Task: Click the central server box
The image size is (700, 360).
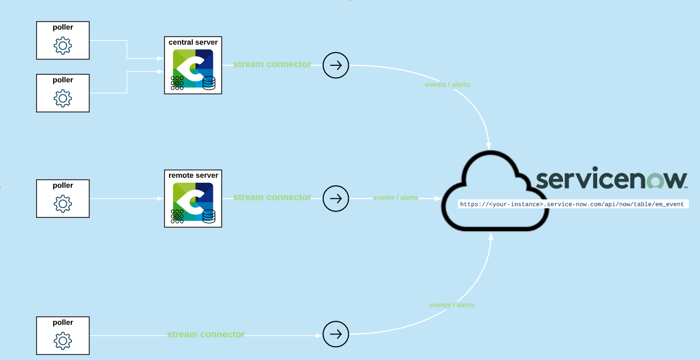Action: (x=193, y=65)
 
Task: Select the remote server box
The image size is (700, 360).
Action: (x=193, y=198)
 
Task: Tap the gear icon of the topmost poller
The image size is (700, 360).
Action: (x=63, y=46)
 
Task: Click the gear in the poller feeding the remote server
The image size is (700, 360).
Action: (x=63, y=204)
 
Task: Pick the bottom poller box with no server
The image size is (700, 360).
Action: (x=63, y=335)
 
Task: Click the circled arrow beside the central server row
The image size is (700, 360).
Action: (x=336, y=65)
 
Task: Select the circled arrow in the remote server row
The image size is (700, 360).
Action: (x=336, y=198)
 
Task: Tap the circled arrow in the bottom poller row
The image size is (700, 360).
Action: (x=336, y=334)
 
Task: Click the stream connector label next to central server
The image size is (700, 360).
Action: (x=272, y=64)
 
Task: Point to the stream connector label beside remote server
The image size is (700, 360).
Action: (x=272, y=197)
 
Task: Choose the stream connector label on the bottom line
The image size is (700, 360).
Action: (x=206, y=334)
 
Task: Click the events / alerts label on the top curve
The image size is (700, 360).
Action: (x=448, y=84)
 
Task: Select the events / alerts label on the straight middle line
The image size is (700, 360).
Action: (x=396, y=198)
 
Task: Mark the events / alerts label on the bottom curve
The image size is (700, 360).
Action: (x=452, y=305)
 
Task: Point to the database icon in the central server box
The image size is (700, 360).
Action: (x=209, y=83)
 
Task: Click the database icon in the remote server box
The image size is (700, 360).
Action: (x=209, y=216)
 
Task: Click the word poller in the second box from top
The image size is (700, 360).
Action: (x=63, y=80)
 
